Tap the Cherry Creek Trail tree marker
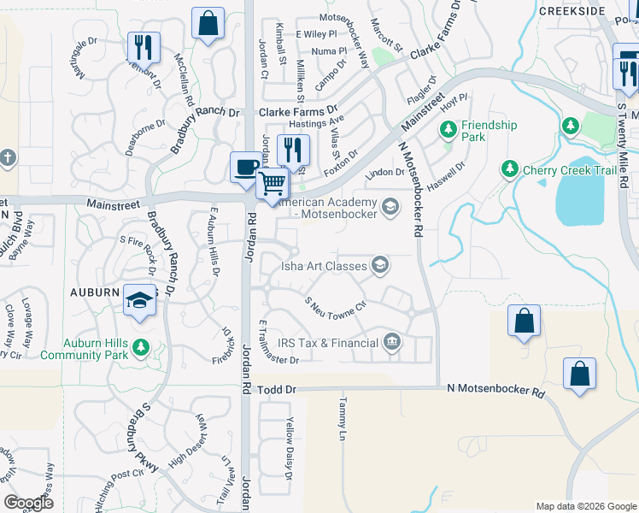(x=510, y=168)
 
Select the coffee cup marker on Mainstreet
(x=246, y=167)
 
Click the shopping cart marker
(x=273, y=183)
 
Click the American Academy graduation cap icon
(x=390, y=206)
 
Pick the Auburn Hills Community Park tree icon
(x=141, y=348)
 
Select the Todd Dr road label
(x=277, y=389)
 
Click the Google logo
(x=28, y=503)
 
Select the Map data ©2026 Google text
(x=586, y=505)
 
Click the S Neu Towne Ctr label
(x=335, y=305)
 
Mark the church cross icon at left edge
(x=7, y=158)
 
